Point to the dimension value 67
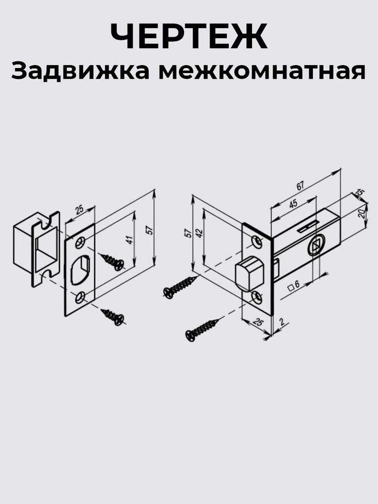[300, 186]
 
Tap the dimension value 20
[361, 213]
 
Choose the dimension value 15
[360, 192]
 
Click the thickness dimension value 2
[281, 321]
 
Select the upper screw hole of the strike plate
[80, 242]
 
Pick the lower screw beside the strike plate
[113, 317]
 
